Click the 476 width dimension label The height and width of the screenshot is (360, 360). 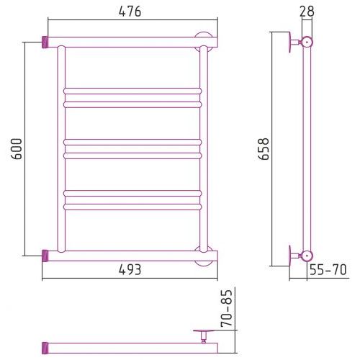(130, 12)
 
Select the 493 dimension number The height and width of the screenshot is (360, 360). (130, 270)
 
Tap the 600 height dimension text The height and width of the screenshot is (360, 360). (17, 149)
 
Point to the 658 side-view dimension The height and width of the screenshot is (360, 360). (264, 149)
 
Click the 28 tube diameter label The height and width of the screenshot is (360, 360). (307, 12)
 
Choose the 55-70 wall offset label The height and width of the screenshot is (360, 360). (328, 269)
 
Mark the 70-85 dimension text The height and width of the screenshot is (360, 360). (227, 308)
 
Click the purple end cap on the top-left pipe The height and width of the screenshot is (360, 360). (45, 42)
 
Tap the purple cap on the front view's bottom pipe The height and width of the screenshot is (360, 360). (45, 256)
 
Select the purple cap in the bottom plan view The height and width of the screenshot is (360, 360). (45, 348)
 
